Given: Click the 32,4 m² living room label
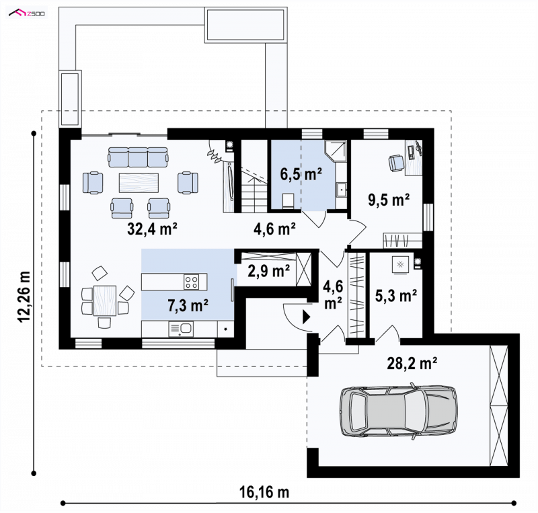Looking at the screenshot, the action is [x=152, y=229].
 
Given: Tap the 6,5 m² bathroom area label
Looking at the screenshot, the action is [x=301, y=174].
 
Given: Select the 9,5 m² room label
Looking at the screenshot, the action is [x=389, y=200].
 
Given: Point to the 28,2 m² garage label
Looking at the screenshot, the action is [x=412, y=363].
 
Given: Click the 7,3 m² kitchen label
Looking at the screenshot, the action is [x=188, y=305].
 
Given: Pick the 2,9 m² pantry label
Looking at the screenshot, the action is [x=268, y=271].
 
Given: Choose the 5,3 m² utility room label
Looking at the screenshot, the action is [x=396, y=295].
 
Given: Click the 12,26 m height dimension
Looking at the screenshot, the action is [x=25, y=297].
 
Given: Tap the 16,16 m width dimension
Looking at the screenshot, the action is [x=264, y=492].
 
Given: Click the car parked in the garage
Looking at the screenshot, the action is [x=398, y=409].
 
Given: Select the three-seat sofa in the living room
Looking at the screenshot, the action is [x=138, y=157].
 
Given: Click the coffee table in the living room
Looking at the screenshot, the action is [x=139, y=183].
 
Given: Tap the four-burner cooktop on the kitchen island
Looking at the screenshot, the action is [x=191, y=282].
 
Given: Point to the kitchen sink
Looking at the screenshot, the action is [x=181, y=329].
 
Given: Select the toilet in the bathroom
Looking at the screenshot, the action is [x=288, y=200].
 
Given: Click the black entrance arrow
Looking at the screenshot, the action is [x=306, y=317].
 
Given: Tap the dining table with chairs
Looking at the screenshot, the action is [x=105, y=299].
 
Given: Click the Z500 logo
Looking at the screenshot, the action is [x=27, y=13].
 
